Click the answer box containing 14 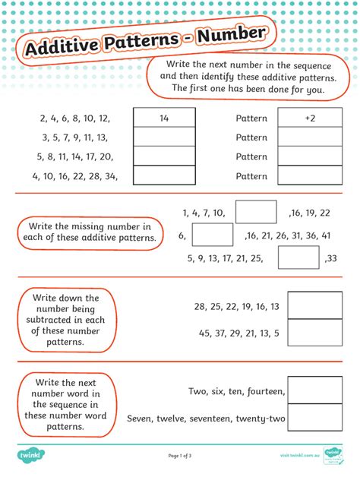point(164,118)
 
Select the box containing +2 point(310,118)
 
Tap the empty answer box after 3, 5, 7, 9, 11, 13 point(164,137)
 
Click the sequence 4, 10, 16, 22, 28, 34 point(74,176)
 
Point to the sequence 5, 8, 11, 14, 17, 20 point(74,157)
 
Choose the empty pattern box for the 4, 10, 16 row point(310,176)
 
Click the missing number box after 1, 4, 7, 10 point(256,212)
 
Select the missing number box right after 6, point(212,235)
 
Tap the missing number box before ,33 point(298,258)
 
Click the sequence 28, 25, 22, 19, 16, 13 point(237,307)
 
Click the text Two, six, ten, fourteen point(236,392)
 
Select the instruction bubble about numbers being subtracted point(66,320)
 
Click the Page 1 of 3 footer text point(180,456)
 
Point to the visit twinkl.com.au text point(295,456)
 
